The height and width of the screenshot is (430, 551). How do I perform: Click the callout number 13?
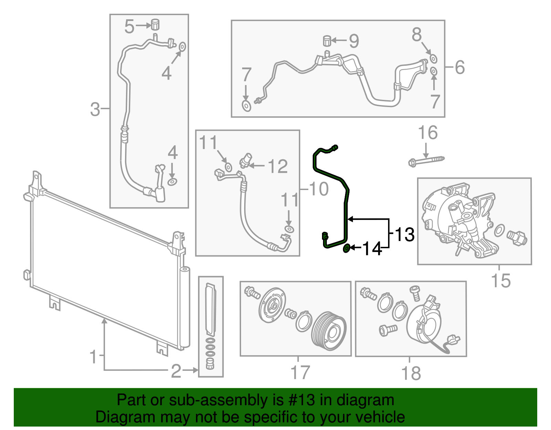[405, 235]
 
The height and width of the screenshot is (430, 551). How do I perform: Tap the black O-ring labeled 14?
[347, 248]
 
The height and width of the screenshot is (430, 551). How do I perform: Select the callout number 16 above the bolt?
[427, 133]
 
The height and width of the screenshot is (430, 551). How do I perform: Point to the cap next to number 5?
[156, 25]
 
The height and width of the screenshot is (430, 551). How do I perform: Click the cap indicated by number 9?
[327, 41]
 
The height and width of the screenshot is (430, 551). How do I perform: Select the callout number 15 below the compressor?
[500, 281]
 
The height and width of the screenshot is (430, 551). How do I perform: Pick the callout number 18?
[411, 373]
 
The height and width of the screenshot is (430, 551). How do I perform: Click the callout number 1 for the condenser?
[93, 357]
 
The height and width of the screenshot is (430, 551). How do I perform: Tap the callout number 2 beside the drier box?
[176, 371]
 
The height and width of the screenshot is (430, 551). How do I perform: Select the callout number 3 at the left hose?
[95, 109]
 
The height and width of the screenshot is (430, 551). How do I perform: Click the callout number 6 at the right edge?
[460, 67]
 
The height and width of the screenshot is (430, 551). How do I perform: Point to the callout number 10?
[319, 189]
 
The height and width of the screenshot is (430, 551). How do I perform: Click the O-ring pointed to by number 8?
[434, 59]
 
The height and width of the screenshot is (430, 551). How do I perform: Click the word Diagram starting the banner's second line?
[121, 417]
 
